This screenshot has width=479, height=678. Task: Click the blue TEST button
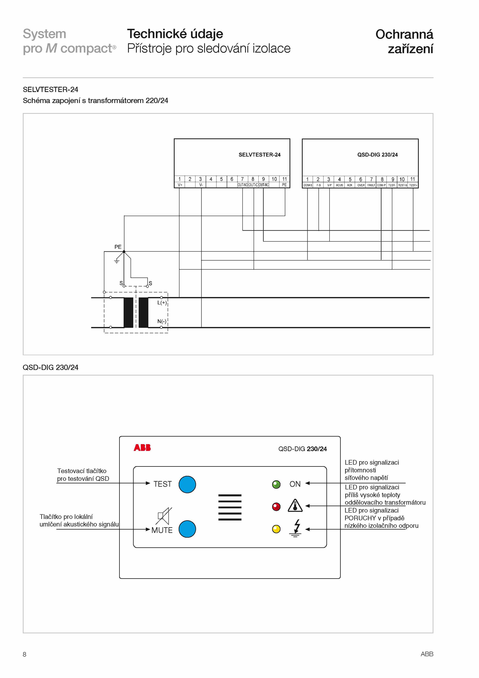(x=187, y=484)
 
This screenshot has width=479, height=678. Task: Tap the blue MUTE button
(x=187, y=529)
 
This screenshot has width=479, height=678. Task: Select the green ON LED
(x=276, y=484)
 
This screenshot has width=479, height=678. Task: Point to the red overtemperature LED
(x=276, y=507)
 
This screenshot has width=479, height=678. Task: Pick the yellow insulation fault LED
(x=276, y=529)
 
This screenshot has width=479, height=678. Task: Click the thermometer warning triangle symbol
(x=295, y=505)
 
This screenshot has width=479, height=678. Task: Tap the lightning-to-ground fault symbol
(x=295, y=528)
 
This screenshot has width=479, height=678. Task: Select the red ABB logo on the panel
(x=142, y=448)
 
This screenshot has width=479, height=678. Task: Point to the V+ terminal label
(x=180, y=185)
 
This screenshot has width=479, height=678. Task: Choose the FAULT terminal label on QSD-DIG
(x=371, y=185)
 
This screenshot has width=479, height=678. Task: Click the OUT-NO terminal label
(x=242, y=185)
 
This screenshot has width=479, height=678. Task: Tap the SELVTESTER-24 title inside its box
(x=260, y=155)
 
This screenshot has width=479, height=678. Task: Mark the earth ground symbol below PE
(x=117, y=261)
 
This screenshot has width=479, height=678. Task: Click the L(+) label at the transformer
(x=162, y=303)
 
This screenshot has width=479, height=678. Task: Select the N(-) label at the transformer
(x=162, y=321)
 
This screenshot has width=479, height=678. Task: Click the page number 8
(x=25, y=654)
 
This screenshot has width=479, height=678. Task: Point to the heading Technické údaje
(x=175, y=34)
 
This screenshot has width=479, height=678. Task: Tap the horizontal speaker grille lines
(x=230, y=507)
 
